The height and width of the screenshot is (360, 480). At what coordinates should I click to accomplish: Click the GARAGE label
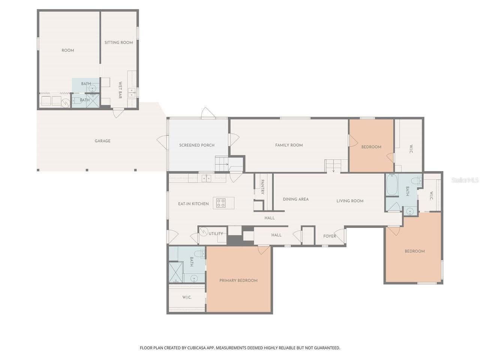coord(102,141)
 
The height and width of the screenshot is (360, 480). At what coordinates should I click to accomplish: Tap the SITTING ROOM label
coord(118,42)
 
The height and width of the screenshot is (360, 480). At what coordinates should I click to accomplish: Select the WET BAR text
coord(120,90)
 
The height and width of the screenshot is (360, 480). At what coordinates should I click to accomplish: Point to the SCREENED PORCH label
coord(196,145)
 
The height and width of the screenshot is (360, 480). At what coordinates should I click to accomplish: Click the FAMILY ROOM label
coord(289,145)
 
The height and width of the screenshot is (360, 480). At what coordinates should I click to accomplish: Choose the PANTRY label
coord(262,187)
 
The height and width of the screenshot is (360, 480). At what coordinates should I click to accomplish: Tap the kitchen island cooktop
coord(220,202)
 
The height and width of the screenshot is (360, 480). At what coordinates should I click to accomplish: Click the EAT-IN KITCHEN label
coord(193,204)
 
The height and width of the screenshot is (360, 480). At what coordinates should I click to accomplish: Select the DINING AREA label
coord(295,199)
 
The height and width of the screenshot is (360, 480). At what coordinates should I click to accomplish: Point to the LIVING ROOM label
coord(349,201)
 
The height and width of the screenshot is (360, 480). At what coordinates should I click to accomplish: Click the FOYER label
coord(329,236)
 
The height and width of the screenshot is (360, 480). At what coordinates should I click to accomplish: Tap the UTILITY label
coord(216,234)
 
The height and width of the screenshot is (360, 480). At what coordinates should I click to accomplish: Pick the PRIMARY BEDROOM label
coord(238,280)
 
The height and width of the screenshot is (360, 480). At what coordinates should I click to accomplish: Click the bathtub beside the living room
coord(391,184)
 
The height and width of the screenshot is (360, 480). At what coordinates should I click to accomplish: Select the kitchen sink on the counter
coord(206,178)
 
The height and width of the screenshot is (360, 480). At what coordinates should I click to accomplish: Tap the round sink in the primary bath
coord(194,278)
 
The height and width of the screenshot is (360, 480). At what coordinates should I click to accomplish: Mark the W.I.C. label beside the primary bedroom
coord(187,297)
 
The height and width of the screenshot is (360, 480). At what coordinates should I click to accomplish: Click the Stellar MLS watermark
coord(465,180)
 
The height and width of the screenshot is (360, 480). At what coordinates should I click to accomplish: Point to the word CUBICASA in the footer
coord(196,348)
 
